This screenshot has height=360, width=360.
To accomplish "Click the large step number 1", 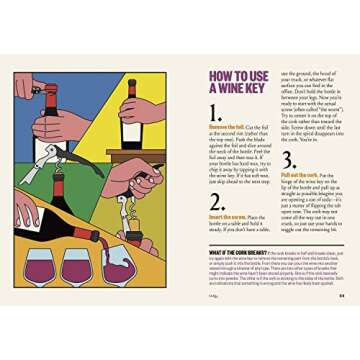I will click(x=217, y=113).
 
